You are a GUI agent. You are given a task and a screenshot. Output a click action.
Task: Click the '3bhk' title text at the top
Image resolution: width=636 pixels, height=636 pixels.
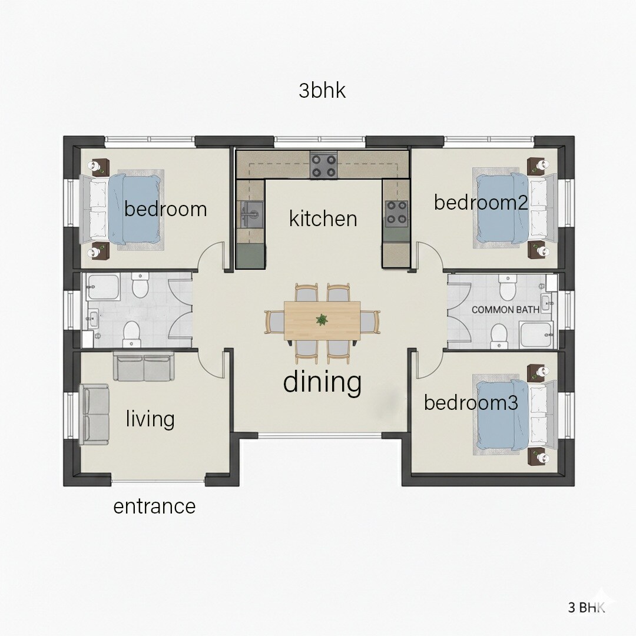[322, 91]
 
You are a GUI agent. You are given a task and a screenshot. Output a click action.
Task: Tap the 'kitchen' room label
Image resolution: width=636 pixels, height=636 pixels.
[323, 218]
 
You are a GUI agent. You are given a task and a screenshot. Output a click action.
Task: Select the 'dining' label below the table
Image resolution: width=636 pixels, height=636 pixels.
[322, 382]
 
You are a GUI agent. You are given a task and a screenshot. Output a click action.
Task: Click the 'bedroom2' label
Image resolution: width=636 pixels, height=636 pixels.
[481, 202]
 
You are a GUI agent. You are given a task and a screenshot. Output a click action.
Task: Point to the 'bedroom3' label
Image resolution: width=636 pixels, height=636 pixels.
[471, 403]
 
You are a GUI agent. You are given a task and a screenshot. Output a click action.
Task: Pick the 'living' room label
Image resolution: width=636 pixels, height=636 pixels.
[150, 419]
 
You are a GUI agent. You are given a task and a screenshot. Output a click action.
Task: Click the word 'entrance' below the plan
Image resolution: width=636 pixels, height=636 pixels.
[154, 506]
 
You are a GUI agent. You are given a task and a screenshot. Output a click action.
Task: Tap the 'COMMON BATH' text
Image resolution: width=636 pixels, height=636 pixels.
[505, 309]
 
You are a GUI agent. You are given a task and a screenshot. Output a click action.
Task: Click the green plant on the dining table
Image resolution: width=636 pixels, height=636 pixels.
[322, 320]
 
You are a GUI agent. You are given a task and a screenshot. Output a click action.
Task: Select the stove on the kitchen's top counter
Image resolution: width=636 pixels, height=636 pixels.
[323, 165]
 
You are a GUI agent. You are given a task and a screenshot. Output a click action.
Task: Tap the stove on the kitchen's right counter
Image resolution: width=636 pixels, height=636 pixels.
[396, 214]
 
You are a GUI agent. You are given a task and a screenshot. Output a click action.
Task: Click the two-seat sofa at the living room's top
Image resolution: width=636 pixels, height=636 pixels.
[143, 367]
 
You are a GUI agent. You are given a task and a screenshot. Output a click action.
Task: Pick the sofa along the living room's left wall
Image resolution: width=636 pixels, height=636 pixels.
[95, 415]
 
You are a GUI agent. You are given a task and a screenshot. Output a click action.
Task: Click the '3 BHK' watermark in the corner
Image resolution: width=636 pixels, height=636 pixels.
[585, 608]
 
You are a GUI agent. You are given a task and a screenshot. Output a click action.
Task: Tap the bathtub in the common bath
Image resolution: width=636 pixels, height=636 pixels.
[536, 334]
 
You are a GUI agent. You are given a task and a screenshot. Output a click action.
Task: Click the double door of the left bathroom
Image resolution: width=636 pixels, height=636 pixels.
[180, 309]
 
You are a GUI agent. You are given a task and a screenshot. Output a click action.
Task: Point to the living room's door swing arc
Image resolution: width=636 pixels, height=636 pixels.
[211, 365]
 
